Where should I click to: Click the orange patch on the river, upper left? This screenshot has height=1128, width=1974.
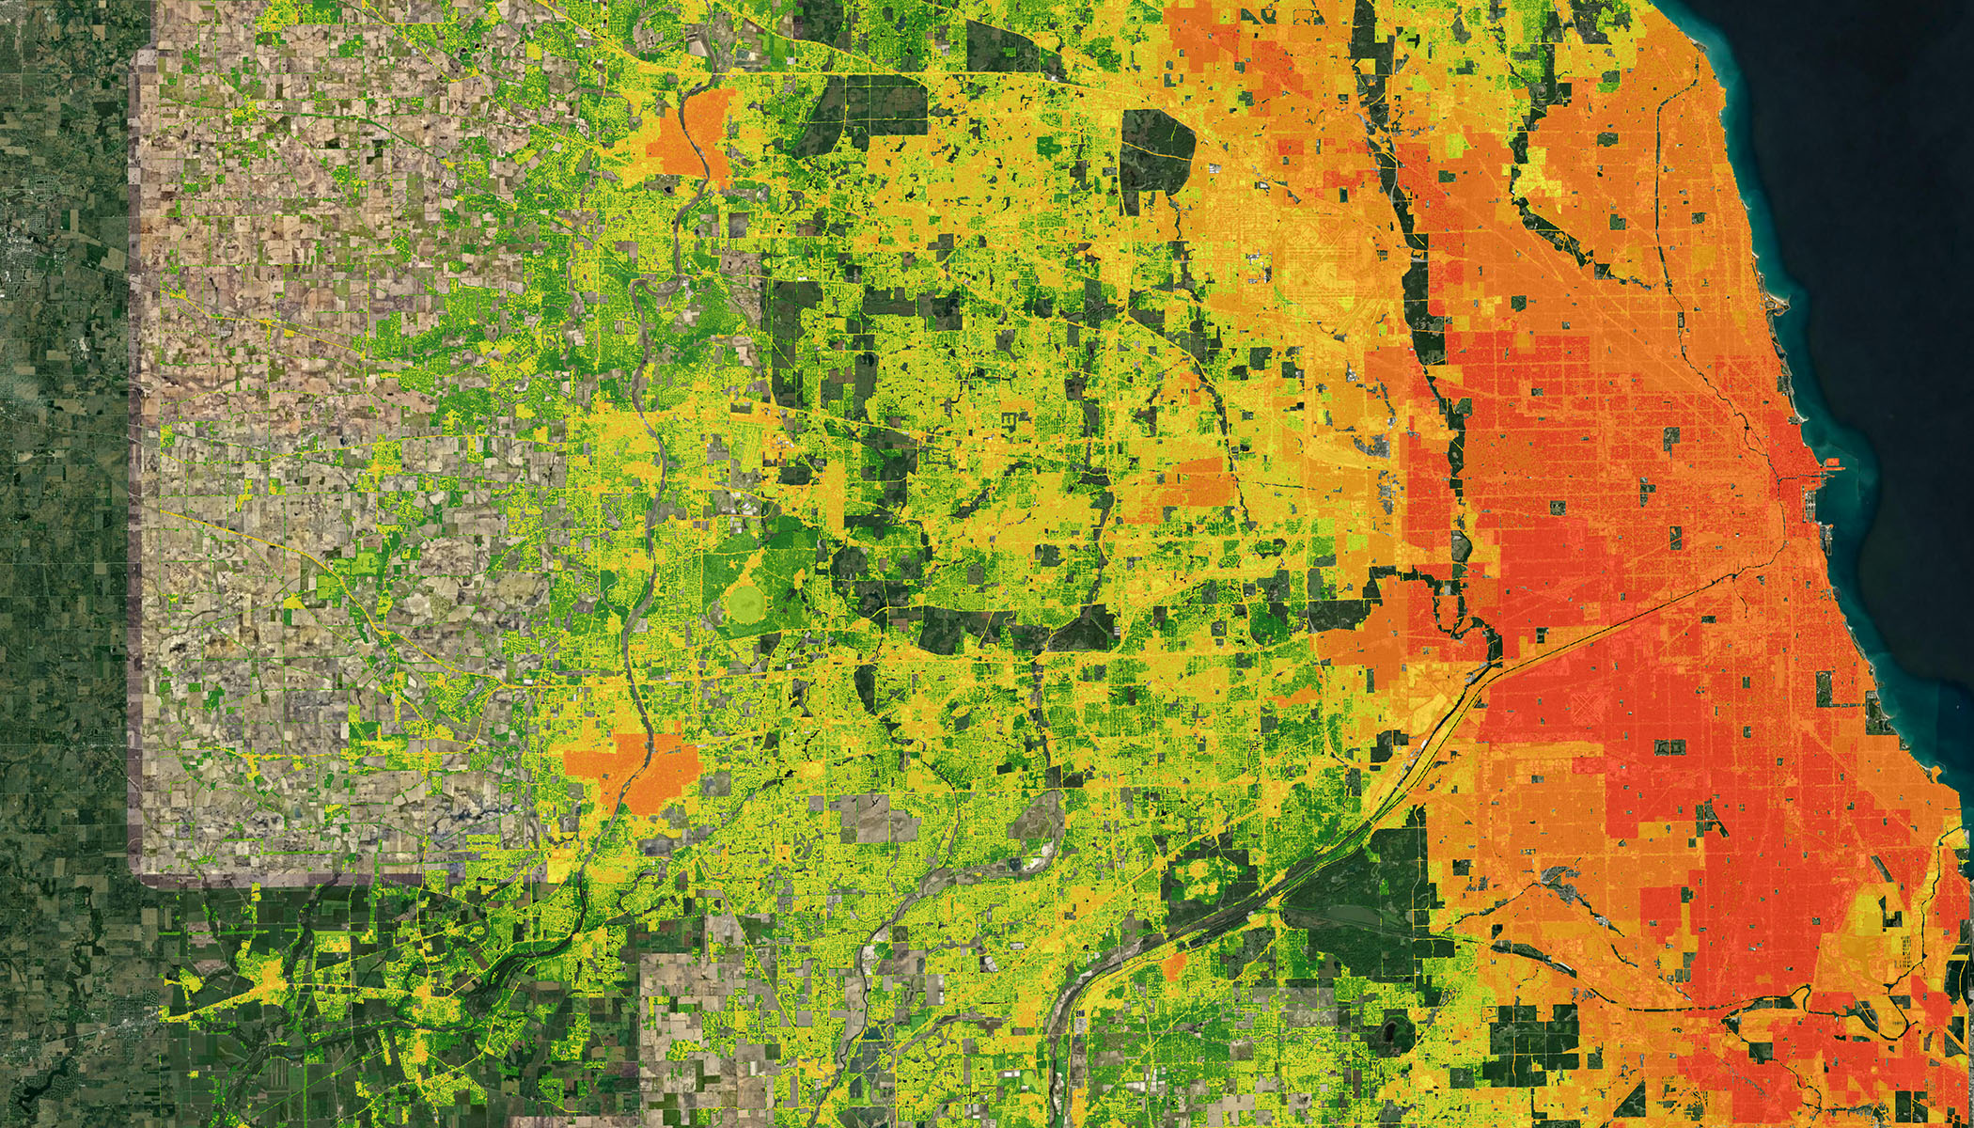[691, 136]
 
